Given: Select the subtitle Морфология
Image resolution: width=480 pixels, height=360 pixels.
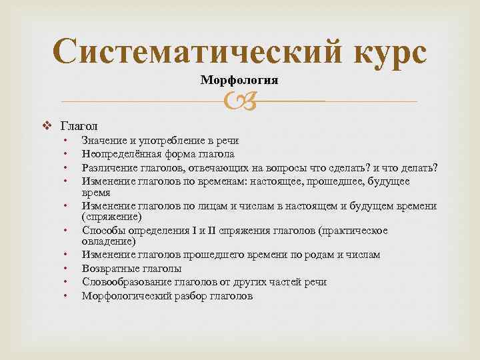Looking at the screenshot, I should point(239,80).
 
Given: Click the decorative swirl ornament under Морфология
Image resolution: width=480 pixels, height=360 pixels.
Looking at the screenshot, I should point(239,101).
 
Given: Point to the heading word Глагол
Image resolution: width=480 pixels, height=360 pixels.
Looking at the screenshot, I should point(79,125).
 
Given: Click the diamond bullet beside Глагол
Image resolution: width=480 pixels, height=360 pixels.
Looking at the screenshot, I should point(47,125).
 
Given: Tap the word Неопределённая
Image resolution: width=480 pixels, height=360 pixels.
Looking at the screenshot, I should point(121,154).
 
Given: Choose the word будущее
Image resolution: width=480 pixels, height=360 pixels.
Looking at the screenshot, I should point(387,181).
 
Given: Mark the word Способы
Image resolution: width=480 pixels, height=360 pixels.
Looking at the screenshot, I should point(103,231).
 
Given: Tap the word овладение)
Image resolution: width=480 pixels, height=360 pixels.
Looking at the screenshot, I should point(109,241).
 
